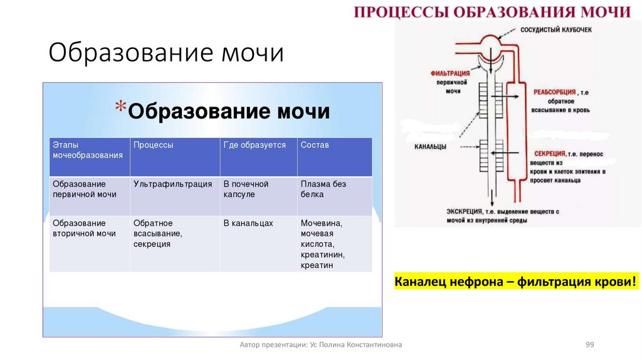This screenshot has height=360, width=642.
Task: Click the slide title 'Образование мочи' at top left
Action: pos(166,53)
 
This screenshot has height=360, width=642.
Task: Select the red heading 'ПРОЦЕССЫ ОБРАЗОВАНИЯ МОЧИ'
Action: pos(492,13)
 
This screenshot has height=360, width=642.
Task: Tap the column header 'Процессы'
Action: pos(153,145)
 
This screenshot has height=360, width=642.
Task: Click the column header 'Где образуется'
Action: pos(255,145)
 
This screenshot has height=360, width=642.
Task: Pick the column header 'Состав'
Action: pos(314,145)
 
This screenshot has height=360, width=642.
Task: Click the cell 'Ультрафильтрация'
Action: pos(168,184)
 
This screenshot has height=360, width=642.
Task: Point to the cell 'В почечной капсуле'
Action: pos(246,189)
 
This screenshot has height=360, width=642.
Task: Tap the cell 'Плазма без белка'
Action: pos(323,189)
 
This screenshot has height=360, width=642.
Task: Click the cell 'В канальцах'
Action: pos(248,223)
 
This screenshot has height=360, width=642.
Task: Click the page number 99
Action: pos(589,345)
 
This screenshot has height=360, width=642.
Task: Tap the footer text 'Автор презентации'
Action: pos(321,345)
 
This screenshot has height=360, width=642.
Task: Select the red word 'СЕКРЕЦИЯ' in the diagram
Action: pos(550,153)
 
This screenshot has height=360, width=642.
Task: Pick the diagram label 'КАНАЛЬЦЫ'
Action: pos(430,147)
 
